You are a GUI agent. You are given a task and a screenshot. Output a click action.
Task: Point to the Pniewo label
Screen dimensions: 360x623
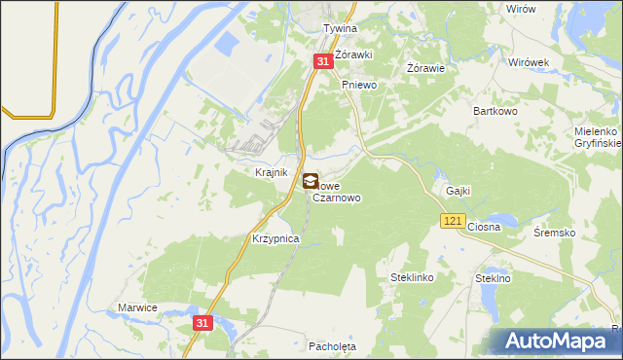coord(358,85)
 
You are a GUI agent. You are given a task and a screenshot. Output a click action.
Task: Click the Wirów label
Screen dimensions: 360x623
coord(522,8)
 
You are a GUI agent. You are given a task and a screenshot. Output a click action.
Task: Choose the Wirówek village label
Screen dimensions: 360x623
coord(530,61)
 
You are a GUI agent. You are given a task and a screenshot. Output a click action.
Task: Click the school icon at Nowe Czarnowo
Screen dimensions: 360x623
coord(310,180)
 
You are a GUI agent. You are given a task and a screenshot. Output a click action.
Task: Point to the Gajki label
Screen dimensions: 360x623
coord(458,191)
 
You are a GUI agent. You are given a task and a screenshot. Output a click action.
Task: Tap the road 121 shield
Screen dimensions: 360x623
coord(452,222)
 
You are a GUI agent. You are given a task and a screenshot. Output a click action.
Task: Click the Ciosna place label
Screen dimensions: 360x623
coord(484,227)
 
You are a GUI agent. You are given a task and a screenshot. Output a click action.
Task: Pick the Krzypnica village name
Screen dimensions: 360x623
coord(275,238)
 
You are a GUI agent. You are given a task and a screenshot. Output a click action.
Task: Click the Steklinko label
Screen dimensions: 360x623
coord(412,277)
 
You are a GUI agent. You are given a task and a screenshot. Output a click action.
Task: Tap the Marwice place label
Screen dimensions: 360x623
coord(137,307)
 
